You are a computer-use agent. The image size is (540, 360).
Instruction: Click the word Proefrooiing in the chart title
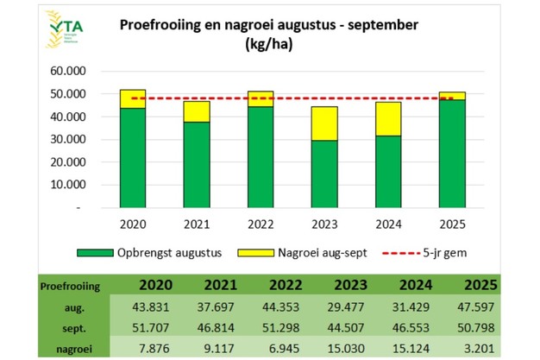(160, 24)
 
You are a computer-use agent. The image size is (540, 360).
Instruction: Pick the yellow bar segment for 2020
(133, 98)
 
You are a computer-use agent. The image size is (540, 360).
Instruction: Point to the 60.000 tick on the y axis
(69, 71)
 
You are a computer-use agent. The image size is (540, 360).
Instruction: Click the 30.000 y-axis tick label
(69, 139)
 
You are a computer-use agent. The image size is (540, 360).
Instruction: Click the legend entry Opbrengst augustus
(152, 252)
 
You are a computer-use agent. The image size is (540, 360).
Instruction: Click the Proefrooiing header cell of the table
(72, 287)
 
